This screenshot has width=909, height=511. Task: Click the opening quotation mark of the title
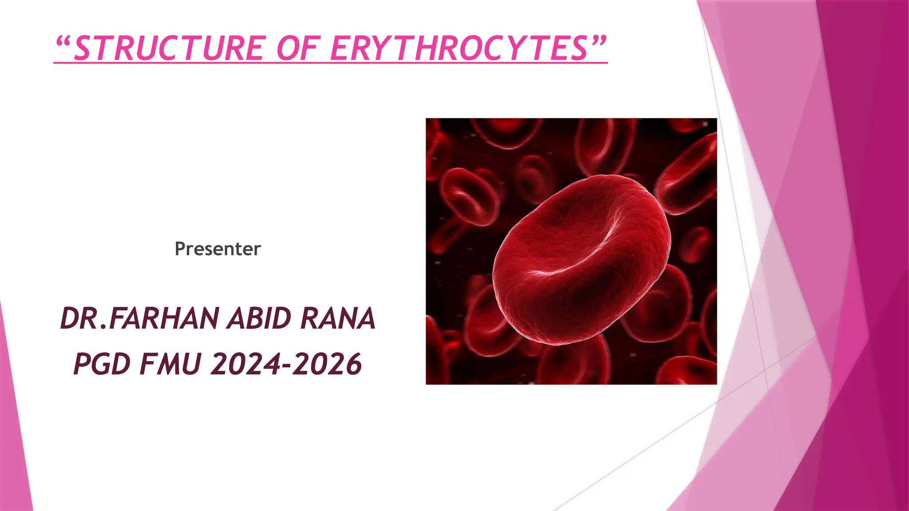63,43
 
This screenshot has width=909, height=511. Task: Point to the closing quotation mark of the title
598,43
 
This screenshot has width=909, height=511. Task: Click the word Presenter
217,249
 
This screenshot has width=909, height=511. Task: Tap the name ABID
259,318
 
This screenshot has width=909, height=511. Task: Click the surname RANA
338,318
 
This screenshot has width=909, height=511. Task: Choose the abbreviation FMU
171,364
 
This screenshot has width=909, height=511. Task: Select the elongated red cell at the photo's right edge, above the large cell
688,173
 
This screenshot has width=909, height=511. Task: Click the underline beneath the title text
330,63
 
